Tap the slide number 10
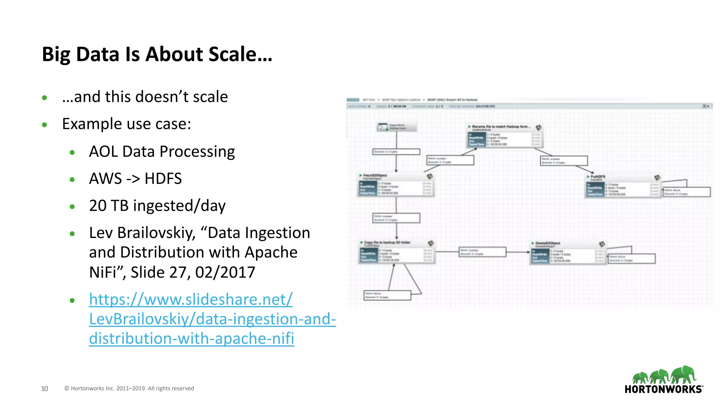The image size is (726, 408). coord(44,389)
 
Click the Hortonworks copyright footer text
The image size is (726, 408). coord(129,388)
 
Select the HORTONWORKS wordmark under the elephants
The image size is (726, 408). coord(663,389)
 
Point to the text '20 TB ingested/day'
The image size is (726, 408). coord(157,206)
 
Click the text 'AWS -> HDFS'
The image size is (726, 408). coord(135,178)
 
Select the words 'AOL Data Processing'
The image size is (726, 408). coord(162,152)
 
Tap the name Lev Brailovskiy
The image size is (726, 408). coord(142,233)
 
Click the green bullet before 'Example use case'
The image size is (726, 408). coord(44,125)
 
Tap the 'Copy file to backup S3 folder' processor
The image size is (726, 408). coord(397,252)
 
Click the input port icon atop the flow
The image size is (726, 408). coord(383,127)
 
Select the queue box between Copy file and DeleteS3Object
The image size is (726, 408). coord(482,252)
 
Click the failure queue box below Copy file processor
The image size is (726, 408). coord(387,295)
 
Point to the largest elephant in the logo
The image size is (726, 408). coord(684,374)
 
